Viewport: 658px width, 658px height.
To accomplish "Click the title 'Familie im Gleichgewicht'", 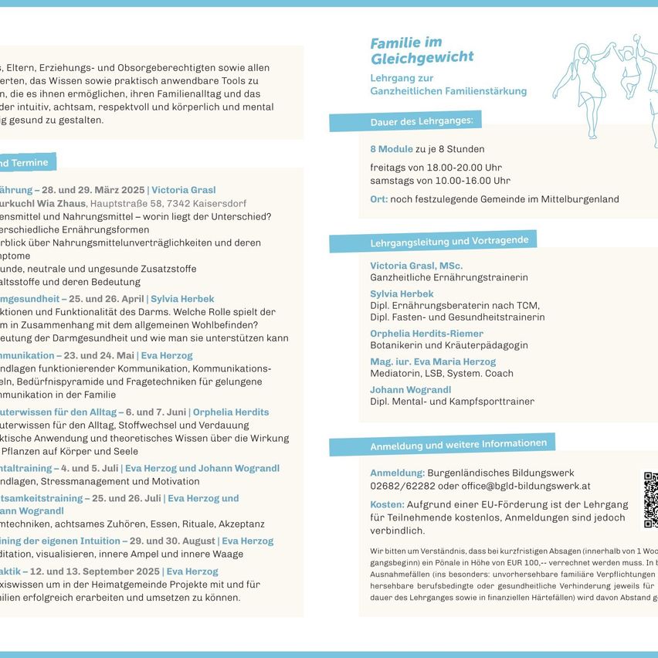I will click(422, 50).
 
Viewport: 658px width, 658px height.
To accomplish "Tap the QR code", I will click(650, 499).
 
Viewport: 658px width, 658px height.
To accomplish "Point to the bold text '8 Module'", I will click(391, 149).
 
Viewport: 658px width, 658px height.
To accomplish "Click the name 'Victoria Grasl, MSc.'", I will click(416, 266).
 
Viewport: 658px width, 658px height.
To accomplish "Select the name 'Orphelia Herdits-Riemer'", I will click(426, 334).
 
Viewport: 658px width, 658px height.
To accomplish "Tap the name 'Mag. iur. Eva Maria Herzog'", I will click(432, 361).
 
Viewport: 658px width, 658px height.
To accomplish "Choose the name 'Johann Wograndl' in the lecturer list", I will click(410, 389).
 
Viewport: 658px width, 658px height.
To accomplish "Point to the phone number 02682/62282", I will click(402, 486).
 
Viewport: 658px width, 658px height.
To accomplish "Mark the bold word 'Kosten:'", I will click(387, 504).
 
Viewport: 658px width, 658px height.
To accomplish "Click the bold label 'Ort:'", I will click(378, 199).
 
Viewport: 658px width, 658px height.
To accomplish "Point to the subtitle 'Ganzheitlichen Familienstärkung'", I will click(448, 91).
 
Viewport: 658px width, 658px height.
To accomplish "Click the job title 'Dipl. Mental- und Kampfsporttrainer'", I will click(452, 401).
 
